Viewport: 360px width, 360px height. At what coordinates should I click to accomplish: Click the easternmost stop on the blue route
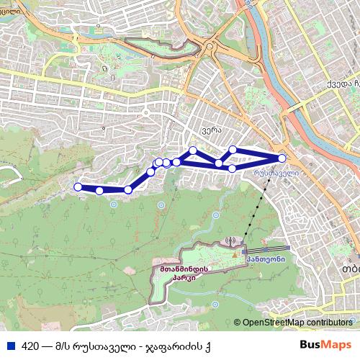click(282, 158)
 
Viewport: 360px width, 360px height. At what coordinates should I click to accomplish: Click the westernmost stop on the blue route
click(78, 187)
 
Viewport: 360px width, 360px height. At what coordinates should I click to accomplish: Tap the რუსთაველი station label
click(275, 174)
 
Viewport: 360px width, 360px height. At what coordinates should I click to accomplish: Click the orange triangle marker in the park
click(235, 253)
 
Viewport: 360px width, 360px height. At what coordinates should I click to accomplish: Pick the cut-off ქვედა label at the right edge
click(342, 84)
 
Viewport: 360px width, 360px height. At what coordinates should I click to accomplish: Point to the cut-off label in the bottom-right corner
click(351, 269)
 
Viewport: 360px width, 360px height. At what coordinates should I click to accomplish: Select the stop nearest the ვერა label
click(193, 150)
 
